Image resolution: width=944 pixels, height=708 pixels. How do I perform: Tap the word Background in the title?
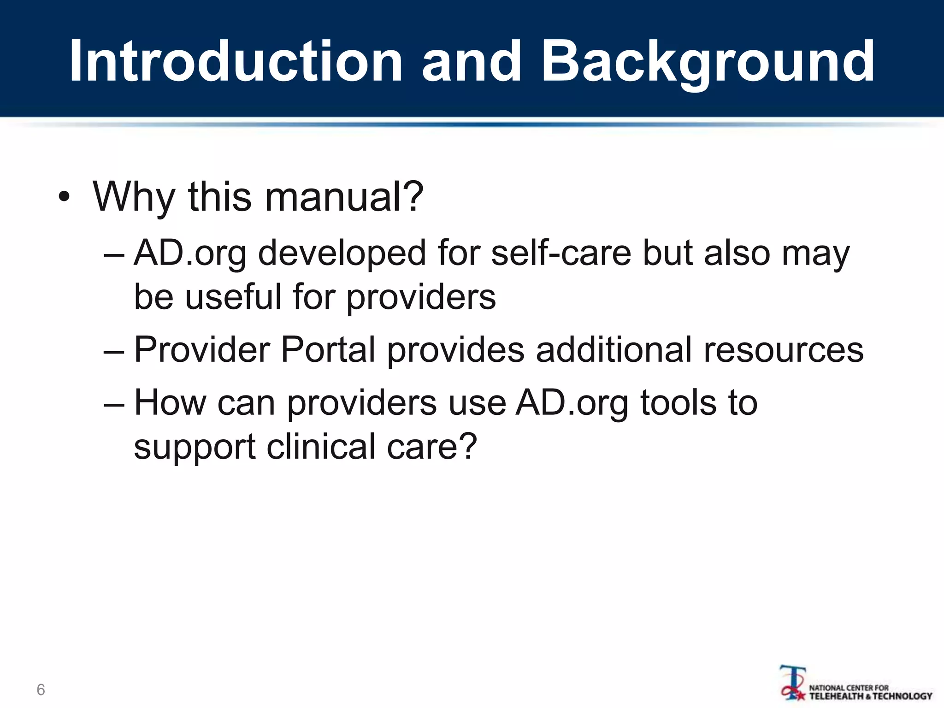[708, 62]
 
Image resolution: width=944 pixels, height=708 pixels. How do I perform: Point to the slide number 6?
[41, 690]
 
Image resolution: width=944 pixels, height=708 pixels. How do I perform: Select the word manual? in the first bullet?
[344, 197]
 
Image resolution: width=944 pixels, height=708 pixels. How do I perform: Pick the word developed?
[342, 254]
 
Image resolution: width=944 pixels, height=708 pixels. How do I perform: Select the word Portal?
[328, 349]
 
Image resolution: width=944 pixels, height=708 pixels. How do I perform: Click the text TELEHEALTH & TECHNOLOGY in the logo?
[871, 696]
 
